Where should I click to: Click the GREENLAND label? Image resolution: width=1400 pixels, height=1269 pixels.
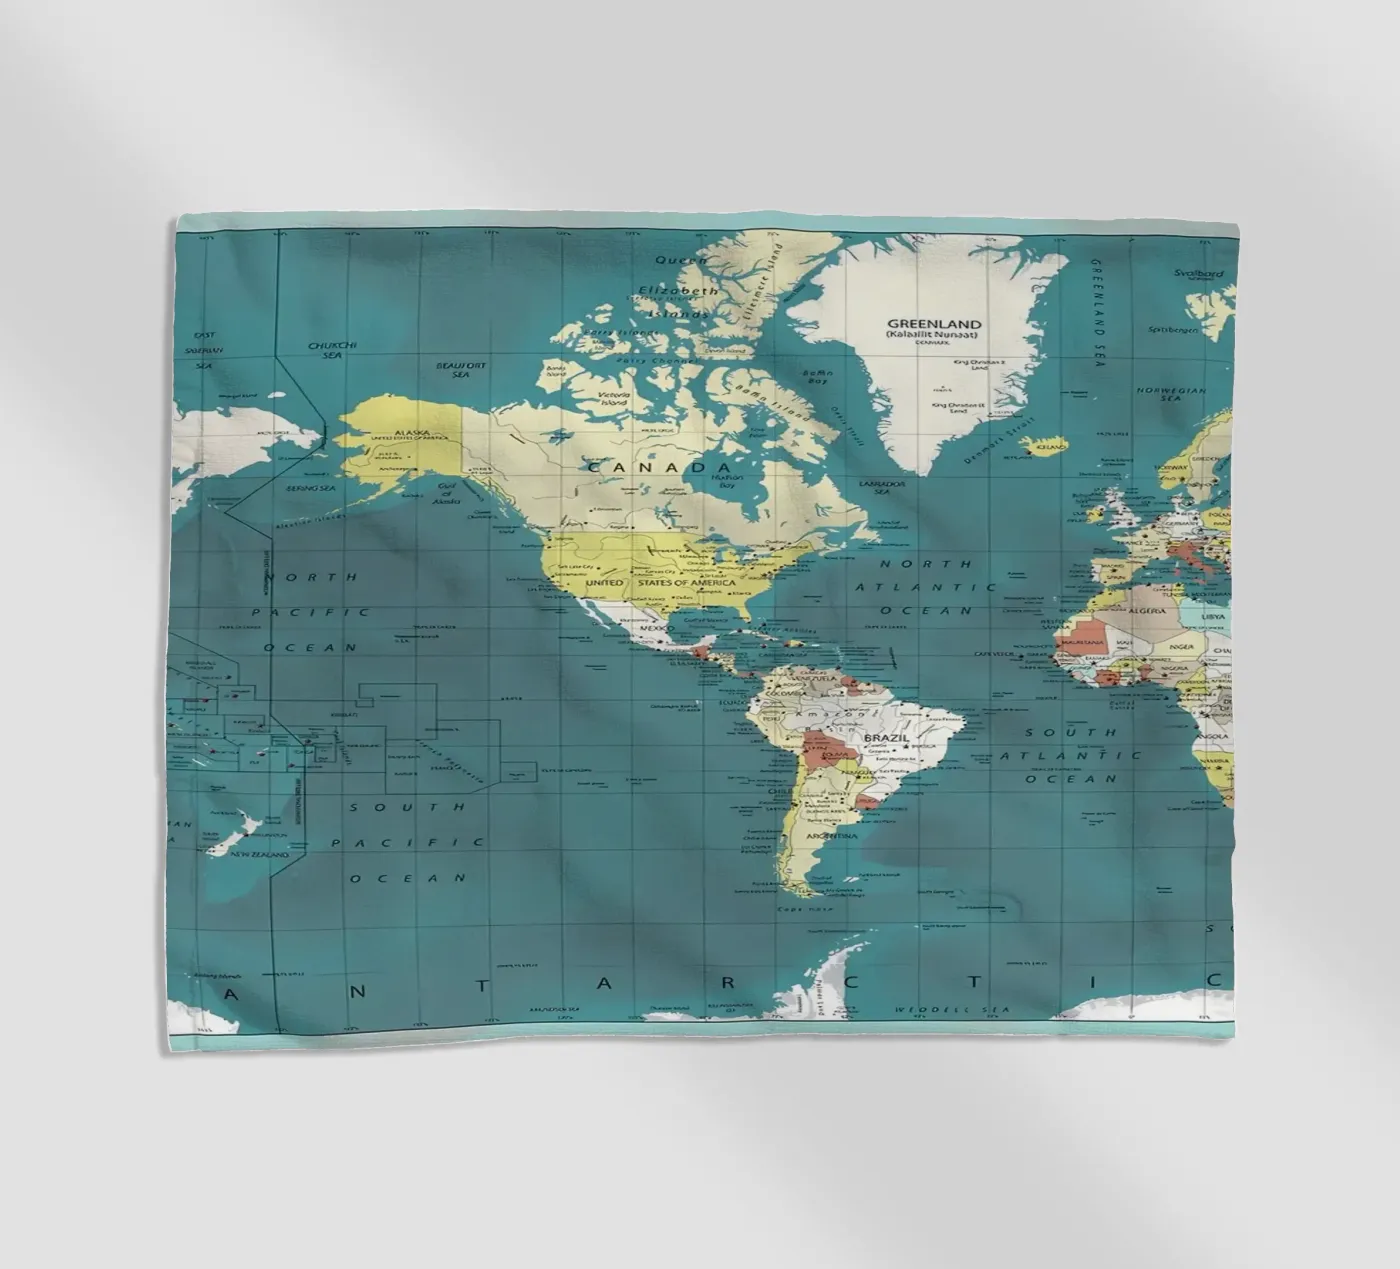pyautogui.click(x=934, y=324)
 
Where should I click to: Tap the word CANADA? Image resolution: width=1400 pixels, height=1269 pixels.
pyautogui.click(x=659, y=467)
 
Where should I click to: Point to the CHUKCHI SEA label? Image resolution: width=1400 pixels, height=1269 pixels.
pyautogui.click(x=331, y=350)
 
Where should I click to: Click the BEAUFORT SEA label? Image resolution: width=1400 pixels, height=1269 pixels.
pyautogui.click(x=460, y=369)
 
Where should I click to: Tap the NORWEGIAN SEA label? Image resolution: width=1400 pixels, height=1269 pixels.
pyautogui.click(x=1170, y=394)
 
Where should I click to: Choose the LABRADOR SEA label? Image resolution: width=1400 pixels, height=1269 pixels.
pyautogui.click(x=881, y=487)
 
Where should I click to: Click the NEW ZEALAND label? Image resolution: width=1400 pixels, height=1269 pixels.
pyautogui.click(x=259, y=855)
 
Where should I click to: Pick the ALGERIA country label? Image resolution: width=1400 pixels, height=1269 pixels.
pyautogui.click(x=1147, y=610)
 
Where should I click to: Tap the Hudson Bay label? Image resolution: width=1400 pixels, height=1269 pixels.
pyautogui.click(x=727, y=481)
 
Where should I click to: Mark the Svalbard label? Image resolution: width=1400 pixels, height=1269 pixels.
pyautogui.click(x=1198, y=273)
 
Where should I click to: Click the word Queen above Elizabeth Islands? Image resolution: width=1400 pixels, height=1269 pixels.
pyautogui.click(x=680, y=260)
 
